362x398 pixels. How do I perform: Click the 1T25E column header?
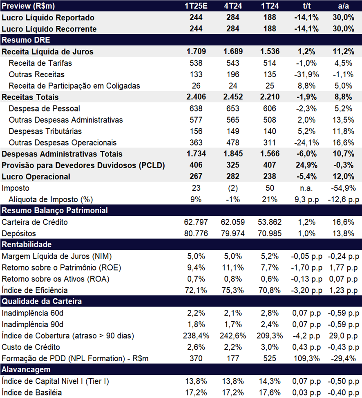[x=196, y=6]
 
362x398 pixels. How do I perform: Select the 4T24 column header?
[x=233, y=6]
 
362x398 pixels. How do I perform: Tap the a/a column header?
[x=343, y=6]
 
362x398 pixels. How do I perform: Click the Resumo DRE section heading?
[x=26, y=40]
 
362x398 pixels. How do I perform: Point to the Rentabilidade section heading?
[x=27, y=244]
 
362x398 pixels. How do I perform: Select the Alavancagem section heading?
[x=26, y=369]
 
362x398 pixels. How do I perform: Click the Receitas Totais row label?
[x=30, y=97]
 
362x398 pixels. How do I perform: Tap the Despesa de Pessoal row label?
[x=45, y=108]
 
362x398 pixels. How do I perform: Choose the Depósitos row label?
[x=19, y=233]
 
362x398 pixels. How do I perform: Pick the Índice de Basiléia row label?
[x=32, y=392]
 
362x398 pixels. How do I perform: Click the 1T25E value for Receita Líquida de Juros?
[x=196, y=51]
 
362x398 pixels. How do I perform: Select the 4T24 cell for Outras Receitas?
[x=233, y=74]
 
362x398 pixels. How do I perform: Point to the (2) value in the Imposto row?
[x=233, y=188]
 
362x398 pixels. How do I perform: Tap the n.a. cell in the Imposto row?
[x=306, y=188]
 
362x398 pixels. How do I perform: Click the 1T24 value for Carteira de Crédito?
[x=270, y=222]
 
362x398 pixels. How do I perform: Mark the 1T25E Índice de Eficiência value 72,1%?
[x=196, y=291]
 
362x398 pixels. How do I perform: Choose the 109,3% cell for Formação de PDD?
[x=306, y=358]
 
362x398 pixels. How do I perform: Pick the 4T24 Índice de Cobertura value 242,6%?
[x=233, y=336]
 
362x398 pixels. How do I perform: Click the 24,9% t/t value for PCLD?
[x=306, y=165]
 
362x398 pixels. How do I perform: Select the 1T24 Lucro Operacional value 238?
[x=270, y=177]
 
